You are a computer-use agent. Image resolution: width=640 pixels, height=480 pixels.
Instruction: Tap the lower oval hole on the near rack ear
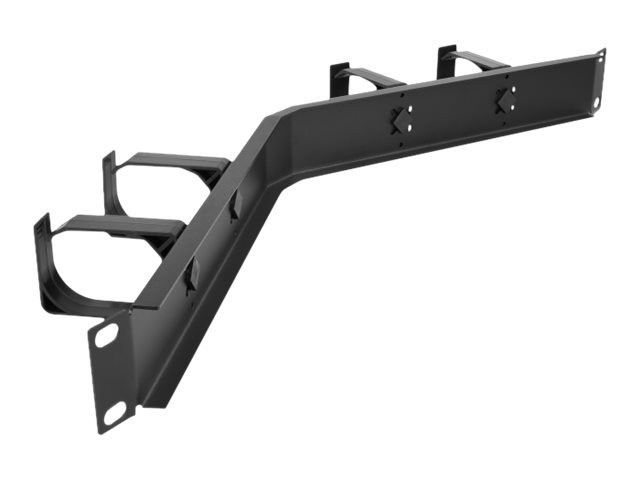(x=116, y=410)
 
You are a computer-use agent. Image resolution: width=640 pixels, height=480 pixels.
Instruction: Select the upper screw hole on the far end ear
(x=601, y=57)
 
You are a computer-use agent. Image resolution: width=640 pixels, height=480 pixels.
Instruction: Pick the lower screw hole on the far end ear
(x=596, y=102)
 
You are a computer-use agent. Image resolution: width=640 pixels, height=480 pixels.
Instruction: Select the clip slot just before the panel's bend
(x=236, y=204)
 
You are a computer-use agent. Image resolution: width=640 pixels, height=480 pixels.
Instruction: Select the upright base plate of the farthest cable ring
(x=447, y=62)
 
